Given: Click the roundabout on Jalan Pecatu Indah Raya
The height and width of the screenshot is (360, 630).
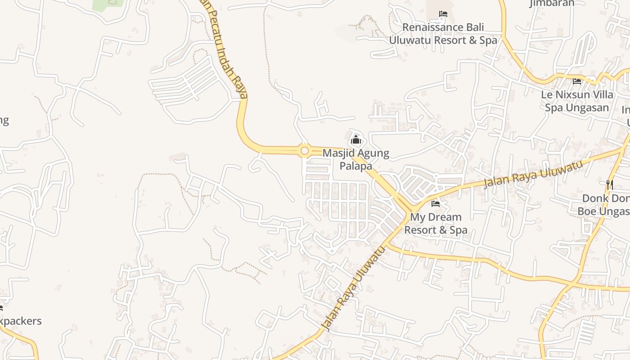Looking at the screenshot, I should tap(305, 151).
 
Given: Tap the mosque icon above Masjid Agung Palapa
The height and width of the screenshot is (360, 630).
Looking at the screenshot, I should tap(356, 139).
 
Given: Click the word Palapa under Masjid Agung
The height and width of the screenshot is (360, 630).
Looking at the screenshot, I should tap(355, 166).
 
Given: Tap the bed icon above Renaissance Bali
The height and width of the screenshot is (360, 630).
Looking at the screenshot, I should tap(443, 14).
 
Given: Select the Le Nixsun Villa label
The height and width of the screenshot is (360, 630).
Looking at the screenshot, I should tap(577, 95).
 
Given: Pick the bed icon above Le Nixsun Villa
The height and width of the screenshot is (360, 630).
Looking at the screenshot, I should tap(577, 81).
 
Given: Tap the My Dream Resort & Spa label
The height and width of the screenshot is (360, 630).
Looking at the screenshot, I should tap(436, 224).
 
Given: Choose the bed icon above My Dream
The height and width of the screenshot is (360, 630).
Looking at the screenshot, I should tap(436, 204).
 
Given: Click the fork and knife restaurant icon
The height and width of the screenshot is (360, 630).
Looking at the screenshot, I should tap(610, 184).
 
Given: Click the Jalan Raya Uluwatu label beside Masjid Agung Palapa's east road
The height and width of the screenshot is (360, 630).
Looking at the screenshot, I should tap(533, 174).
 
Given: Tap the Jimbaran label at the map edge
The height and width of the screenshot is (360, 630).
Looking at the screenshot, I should tap(552, 4).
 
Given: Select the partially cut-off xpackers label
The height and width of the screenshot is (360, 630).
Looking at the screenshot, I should tap(20, 321).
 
